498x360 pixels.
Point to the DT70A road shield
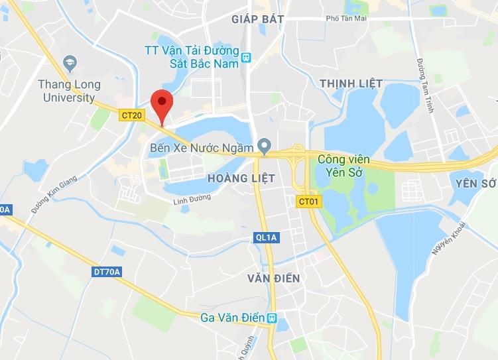pos(107,271)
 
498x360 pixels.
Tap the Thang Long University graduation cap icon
pos(70,64)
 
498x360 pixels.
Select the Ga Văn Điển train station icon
pos(273,318)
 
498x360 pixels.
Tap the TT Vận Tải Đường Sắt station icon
pos(247,57)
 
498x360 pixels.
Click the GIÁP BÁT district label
pos(258,19)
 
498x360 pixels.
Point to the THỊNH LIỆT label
pos(351,83)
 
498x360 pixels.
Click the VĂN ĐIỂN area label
pos(271,278)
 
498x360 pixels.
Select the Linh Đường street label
pos(191,200)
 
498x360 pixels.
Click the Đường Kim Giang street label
pos(54,194)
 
